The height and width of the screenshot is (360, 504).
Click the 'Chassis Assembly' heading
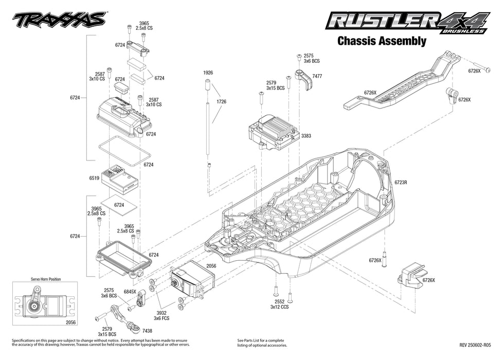381,41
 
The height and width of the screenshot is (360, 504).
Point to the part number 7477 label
317,76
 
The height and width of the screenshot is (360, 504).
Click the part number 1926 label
208,73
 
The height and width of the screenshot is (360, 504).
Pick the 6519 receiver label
94,178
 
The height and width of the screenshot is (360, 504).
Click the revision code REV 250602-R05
475,345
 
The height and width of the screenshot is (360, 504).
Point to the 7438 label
147,331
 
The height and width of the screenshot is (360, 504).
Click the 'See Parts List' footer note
261,343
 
